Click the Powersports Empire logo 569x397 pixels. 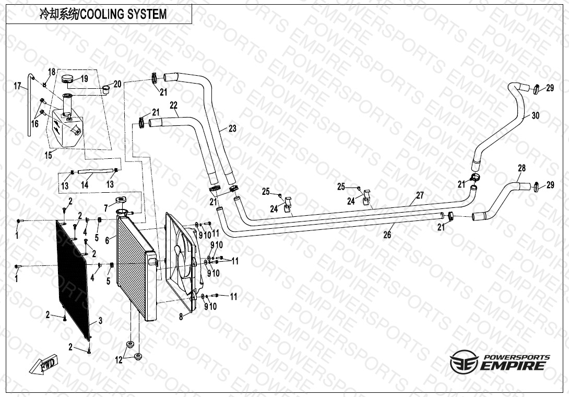tap(500, 361)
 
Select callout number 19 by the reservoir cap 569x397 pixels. tap(84, 79)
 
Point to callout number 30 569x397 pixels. tap(536, 116)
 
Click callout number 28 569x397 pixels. tap(521, 168)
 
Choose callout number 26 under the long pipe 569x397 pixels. tap(387, 235)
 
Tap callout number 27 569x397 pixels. tap(420, 196)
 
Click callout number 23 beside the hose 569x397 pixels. tap(232, 128)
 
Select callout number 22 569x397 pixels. tap(173, 106)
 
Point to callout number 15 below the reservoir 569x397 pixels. tap(48, 155)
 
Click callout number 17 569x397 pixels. tap(17, 86)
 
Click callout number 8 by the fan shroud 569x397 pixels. tap(181, 317)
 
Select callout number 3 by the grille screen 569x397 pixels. tap(100, 320)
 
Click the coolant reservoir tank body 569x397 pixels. tap(65, 128)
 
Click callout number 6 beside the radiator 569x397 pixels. tap(107, 240)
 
